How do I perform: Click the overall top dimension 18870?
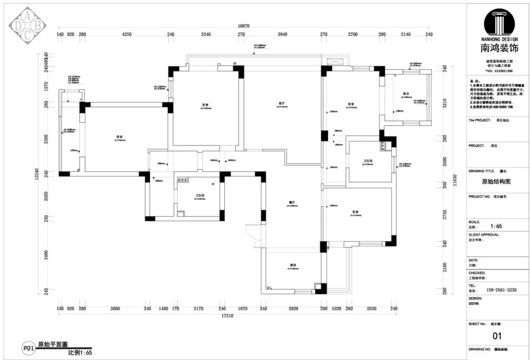coord(244,26)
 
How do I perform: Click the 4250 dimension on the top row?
coord(127,34)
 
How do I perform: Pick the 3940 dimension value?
coord(282,34)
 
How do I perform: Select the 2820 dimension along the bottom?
coord(293,309)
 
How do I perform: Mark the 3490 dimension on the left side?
coord(46,256)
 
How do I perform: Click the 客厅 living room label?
coord(282,103)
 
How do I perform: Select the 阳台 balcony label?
coord(406,93)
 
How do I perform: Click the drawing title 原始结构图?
coord(497,181)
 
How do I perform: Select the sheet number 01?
coord(497,336)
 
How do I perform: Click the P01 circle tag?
coord(28,349)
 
